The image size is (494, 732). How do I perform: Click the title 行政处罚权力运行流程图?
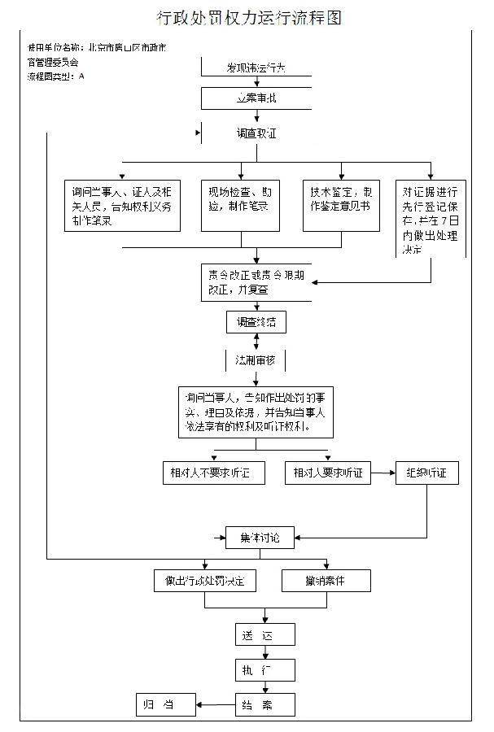pos(249,17)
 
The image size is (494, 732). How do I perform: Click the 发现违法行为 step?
pos(256,68)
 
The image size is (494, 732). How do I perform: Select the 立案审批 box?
pos(256,98)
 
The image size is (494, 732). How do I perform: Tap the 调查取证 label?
pos(256,133)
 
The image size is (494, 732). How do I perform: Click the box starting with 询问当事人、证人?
pos(123,205)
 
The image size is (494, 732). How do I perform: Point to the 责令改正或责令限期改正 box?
pos(256,280)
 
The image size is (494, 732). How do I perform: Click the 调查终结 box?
pos(256,322)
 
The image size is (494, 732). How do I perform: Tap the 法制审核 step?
pos(256,359)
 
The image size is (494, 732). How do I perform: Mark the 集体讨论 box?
pos(259,538)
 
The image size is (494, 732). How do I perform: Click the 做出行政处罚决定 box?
pos(205,581)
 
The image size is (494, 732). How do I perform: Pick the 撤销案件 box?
pos(326,581)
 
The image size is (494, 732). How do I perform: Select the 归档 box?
pos(166,704)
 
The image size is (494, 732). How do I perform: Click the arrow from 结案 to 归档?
pos(216,704)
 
